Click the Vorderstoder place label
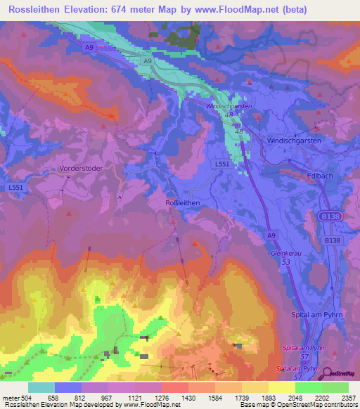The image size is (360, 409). point(79,169)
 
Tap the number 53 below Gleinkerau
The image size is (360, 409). point(286,261)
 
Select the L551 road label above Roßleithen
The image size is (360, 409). point(221,164)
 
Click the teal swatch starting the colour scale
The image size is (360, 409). point(41,387)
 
